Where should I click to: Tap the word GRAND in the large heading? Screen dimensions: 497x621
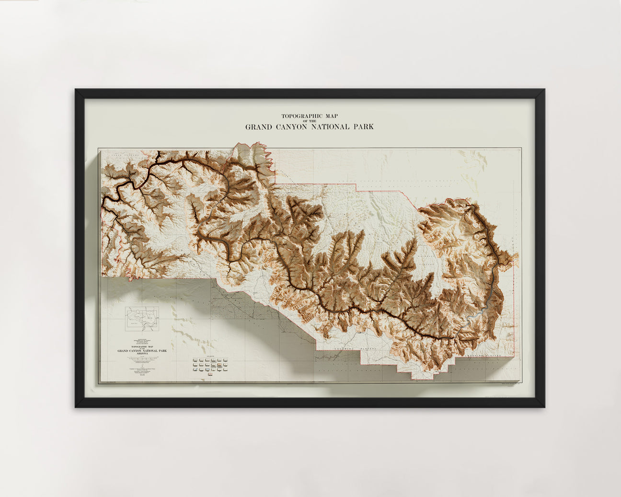(x=258, y=127)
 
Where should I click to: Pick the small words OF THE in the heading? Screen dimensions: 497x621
(x=309, y=121)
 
